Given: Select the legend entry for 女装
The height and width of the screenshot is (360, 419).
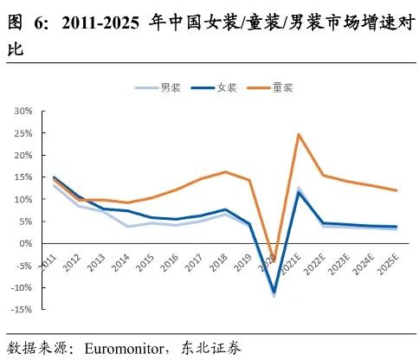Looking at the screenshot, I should tap(214, 87).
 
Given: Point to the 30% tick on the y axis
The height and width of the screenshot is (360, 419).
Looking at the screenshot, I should tap(22, 112).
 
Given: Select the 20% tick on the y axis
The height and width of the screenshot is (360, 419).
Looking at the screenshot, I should tap(22, 156).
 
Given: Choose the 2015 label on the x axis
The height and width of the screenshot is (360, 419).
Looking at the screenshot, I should tap(144, 261).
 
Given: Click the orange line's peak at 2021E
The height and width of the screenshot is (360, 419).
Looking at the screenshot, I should tap(299, 134).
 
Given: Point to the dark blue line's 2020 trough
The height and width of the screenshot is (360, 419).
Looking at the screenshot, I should tap(274, 292).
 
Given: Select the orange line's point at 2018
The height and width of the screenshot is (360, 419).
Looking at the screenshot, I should tap(225, 171).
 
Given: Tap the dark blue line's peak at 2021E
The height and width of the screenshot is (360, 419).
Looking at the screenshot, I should tap(299, 192).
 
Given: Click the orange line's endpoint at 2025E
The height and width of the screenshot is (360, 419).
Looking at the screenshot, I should tap(396, 190).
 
